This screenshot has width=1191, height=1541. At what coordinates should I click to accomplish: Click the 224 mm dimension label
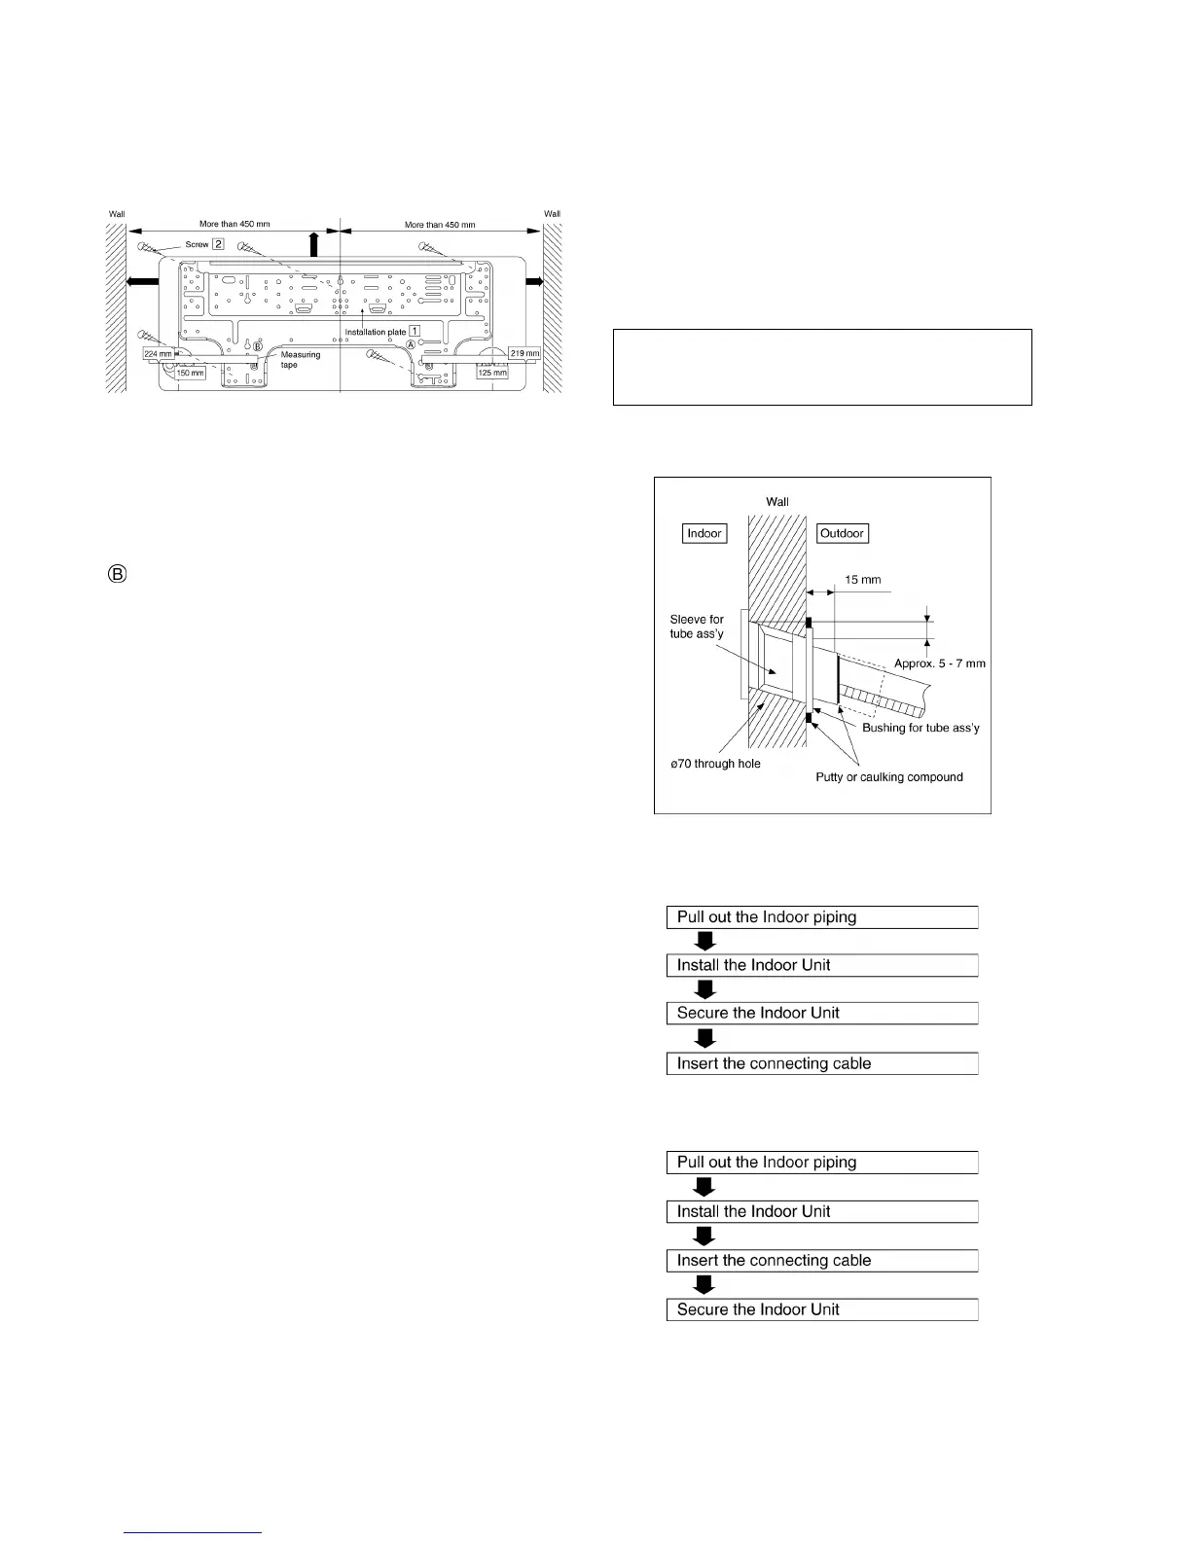[158, 354]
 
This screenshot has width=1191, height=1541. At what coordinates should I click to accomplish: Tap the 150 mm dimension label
[191, 373]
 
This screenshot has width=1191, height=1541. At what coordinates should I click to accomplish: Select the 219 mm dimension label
[524, 352]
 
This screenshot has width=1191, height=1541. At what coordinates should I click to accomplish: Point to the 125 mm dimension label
[492, 372]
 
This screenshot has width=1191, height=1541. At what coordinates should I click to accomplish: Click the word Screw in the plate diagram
[197, 244]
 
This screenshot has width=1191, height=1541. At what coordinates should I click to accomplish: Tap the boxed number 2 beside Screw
[219, 244]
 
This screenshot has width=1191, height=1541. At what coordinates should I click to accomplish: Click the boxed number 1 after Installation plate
[415, 332]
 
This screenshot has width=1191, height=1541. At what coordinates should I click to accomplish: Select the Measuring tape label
[301, 359]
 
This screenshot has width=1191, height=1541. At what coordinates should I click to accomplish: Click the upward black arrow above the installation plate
[313, 243]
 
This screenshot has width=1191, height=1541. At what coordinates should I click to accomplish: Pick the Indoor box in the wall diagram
[704, 533]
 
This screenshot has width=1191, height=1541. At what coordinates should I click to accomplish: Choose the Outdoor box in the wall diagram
[842, 533]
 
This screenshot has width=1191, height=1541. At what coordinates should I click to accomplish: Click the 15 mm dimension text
[862, 580]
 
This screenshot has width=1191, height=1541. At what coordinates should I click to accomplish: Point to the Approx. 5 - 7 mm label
[940, 663]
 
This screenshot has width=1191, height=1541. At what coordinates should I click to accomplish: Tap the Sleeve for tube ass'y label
[697, 627]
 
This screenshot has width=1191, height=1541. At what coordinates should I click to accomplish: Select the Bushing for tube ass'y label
[920, 728]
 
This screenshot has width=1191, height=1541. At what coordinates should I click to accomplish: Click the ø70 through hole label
[715, 764]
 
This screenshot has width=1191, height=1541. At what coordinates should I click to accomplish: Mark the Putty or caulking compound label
[888, 777]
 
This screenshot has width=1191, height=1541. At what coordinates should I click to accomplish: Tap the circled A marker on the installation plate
[411, 344]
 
